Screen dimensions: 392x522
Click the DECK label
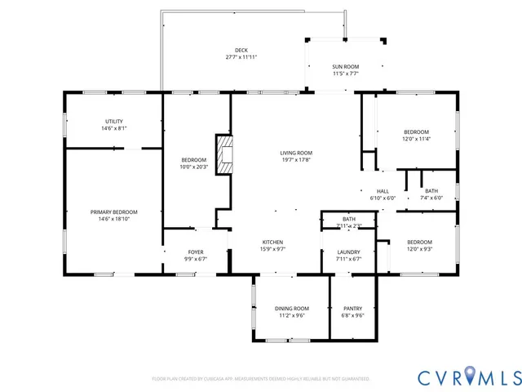click(x=241, y=50)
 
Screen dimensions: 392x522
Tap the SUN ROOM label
click(x=346, y=66)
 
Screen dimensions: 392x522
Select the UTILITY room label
click(x=113, y=121)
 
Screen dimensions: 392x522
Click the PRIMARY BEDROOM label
click(x=113, y=212)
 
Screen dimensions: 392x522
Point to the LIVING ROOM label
click(x=296, y=153)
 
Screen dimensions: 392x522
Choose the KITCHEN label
click(x=272, y=242)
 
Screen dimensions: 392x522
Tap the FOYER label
click(x=196, y=252)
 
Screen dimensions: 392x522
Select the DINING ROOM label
click(x=291, y=308)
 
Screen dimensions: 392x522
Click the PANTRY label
click(x=352, y=308)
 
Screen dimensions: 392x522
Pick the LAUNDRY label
click(x=348, y=252)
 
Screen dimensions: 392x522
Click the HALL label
click(x=383, y=190)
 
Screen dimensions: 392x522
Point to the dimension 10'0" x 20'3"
click(x=194, y=167)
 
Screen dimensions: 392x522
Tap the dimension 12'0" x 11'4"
click(x=416, y=139)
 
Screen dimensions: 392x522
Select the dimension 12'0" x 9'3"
click(x=419, y=249)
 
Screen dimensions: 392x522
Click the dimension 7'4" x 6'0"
click(x=431, y=198)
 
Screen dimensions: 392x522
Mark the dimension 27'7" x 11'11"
click(x=241, y=57)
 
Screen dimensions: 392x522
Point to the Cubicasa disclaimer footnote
click(x=261, y=379)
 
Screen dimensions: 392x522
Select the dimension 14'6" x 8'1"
click(x=113, y=128)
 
